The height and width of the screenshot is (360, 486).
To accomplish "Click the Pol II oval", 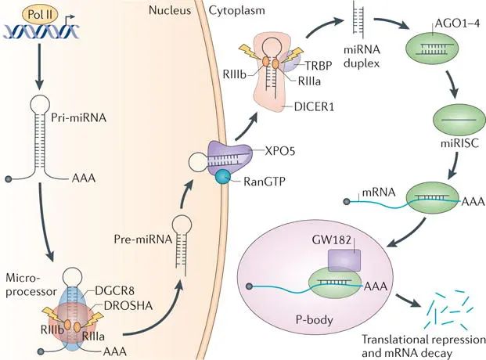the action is (40, 15).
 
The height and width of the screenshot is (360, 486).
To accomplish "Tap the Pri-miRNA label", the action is (78, 118).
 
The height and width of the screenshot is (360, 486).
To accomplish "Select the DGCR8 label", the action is (115, 290).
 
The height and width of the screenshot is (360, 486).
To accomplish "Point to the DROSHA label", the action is (128, 306).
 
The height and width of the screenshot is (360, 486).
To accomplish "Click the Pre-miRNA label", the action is (143, 239).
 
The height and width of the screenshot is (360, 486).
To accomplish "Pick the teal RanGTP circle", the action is (223, 178).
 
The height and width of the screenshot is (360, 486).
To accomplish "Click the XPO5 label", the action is (280, 151).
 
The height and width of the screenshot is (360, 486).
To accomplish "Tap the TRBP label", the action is (319, 66).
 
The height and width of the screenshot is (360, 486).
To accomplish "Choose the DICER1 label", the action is (314, 107).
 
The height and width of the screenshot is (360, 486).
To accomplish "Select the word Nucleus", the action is (170, 10).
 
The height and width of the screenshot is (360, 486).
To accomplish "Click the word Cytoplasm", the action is (237, 10).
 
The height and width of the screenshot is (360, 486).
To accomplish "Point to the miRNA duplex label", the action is (362, 56).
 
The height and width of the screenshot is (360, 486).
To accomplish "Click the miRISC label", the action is (459, 143).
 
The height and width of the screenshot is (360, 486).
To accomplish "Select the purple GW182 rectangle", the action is (344, 261).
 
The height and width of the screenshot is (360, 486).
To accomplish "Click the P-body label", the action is (315, 319).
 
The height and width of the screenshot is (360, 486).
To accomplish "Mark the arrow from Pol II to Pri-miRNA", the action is (39, 66).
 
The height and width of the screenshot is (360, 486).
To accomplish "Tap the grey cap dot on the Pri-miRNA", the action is (9, 179).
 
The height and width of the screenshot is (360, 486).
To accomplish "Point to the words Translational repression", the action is (423, 340).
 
